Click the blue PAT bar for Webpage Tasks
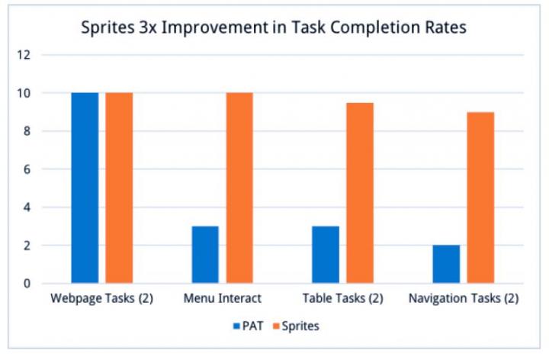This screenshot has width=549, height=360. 85,188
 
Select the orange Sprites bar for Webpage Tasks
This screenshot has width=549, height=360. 119,188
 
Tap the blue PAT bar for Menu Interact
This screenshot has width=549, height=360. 205,255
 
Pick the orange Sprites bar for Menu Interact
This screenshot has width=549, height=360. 239,188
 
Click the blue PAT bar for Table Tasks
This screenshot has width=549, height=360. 326,255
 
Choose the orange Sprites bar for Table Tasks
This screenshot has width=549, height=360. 360,193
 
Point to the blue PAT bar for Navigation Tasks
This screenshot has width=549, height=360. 446,264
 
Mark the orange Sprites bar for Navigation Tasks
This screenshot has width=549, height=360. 480,198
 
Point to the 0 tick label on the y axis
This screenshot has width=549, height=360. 27,284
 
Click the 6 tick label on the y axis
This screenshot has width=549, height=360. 27,169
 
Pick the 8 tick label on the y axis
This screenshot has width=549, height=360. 27,131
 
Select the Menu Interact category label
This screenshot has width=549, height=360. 222,298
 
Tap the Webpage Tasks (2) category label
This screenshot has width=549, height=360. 101,298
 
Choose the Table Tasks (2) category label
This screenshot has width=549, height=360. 342,298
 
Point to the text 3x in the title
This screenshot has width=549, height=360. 138,27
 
